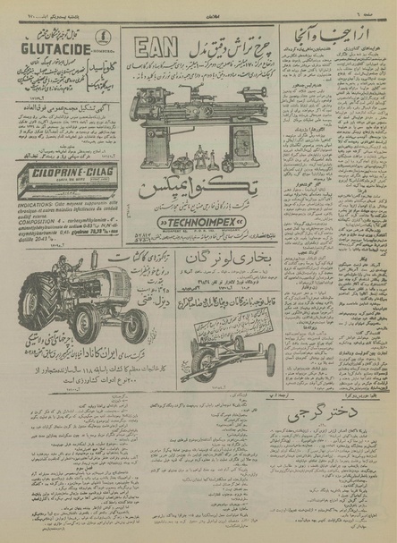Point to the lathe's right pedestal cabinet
pos(243,143)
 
